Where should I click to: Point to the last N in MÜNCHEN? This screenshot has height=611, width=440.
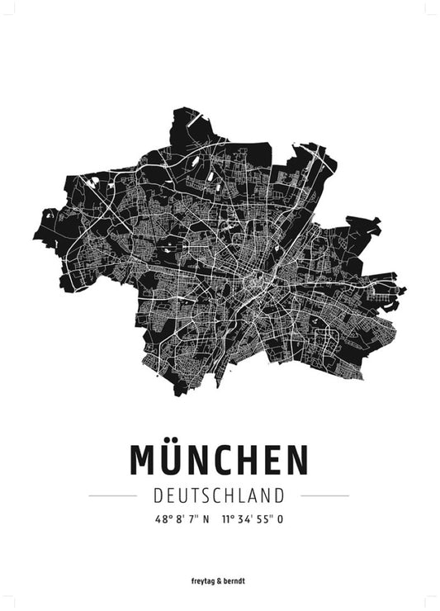[x=296, y=460]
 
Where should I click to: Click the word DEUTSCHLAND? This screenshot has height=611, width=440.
[x=219, y=495]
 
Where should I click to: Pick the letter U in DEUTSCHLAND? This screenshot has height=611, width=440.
[x=182, y=495]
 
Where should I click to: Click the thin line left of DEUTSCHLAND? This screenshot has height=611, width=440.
[x=112, y=496]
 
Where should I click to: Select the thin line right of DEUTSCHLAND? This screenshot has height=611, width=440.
[x=324, y=496]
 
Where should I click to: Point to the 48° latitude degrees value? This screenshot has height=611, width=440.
[x=162, y=519]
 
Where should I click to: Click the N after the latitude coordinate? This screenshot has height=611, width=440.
[x=206, y=519]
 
